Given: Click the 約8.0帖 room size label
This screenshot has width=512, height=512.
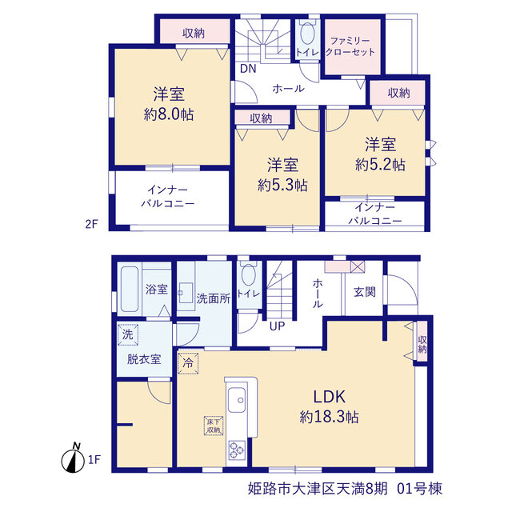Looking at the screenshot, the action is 169,114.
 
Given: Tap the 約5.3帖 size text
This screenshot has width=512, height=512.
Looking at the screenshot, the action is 282,186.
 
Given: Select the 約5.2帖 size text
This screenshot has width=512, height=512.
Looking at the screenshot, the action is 381,165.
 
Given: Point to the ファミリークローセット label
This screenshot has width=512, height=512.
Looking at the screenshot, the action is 350,46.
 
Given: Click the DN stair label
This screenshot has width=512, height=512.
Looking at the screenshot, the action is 248,69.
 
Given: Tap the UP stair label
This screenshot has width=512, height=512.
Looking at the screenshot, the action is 277,326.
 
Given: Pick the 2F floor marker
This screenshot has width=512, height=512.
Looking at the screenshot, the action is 91,224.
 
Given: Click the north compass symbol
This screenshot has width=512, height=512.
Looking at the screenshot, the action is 73,458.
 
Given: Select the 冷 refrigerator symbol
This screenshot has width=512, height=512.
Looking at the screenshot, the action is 188,363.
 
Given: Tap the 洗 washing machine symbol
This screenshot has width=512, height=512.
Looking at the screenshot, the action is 128,334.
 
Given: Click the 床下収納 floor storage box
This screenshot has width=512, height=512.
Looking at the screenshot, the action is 214,426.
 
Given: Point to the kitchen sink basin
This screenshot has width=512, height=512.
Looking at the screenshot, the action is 237,400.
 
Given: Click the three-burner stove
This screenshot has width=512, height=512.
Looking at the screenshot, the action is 237,450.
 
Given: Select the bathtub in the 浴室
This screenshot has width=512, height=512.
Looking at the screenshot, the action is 130,289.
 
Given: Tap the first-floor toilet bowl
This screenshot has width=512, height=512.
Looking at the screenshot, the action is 249,274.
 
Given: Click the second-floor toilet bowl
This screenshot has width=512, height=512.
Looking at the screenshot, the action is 307,33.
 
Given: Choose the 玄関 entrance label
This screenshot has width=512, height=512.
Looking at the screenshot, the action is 365,291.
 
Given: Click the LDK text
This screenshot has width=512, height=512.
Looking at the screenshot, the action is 329,397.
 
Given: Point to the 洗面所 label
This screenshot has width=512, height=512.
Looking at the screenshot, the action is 214,298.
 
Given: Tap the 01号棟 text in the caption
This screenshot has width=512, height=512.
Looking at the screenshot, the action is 419,489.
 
